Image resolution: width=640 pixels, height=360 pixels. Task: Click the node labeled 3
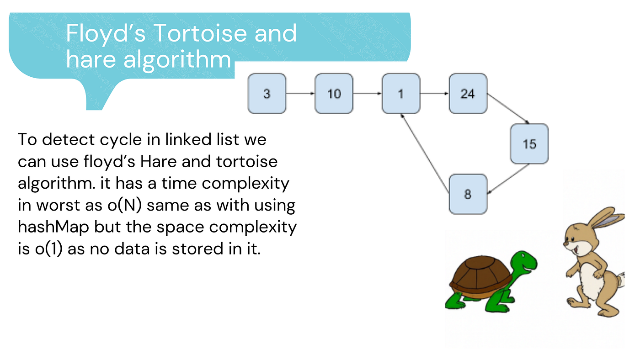(x=267, y=93)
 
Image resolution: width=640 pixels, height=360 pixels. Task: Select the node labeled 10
(x=334, y=93)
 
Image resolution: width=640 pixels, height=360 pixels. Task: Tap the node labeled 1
(x=401, y=93)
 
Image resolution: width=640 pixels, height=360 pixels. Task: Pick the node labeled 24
(x=468, y=93)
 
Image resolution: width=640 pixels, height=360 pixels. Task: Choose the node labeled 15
(x=529, y=143)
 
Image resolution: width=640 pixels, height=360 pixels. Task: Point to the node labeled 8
(x=468, y=194)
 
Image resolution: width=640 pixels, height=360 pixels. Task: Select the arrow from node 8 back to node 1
(x=425, y=153)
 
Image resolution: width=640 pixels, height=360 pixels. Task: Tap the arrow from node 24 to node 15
(x=508, y=108)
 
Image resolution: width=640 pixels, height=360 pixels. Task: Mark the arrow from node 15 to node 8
(x=508, y=179)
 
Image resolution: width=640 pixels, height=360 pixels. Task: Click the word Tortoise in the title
(x=201, y=33)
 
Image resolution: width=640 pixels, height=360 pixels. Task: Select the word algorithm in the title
(x=177, y=60)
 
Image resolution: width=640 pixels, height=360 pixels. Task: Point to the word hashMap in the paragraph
(x=53, y=228)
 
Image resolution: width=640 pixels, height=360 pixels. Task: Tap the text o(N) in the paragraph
(x=124, y=205)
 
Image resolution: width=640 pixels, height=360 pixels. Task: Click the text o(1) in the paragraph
(x=48, y=249)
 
